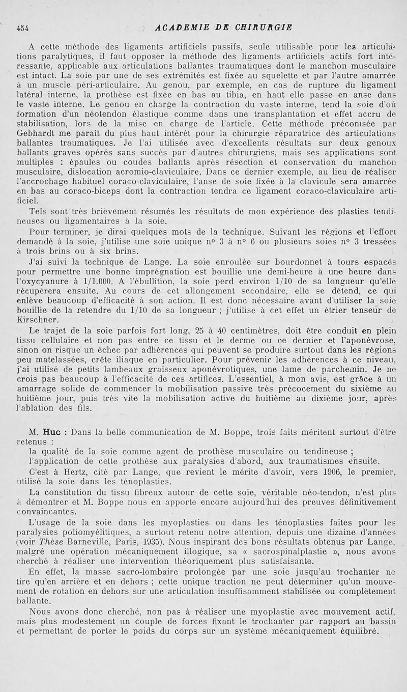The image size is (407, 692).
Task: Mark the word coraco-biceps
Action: coord(105,190)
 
